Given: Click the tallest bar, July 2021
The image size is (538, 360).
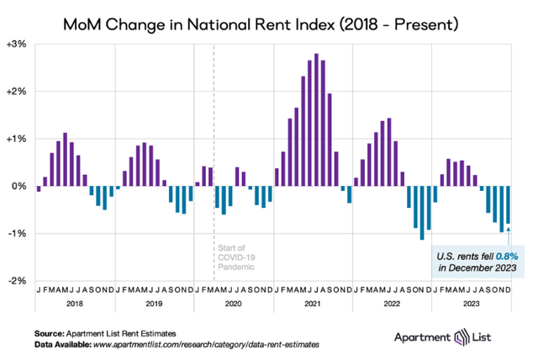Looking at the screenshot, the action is click(316, 119).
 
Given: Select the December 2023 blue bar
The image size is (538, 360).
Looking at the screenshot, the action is click(508, 205).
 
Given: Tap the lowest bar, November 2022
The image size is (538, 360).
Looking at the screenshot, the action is click(422, 213).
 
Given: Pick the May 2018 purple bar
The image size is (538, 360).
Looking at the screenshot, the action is click(66, 160).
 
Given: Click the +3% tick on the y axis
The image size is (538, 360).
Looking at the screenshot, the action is click(17, 45).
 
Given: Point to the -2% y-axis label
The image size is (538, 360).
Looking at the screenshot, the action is click(17, 281).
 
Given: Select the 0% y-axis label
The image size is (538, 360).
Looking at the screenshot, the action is click(19, 187).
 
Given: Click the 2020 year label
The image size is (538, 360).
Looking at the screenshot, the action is click(234, 304).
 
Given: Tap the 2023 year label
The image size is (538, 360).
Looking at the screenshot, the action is click(472, 304).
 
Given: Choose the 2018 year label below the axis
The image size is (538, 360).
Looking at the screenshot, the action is click(75, 304).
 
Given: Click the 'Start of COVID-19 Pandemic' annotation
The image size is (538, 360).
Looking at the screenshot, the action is click(236, 257).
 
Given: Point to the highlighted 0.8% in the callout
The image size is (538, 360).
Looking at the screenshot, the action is click(507, 257).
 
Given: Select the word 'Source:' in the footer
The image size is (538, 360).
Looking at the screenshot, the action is click(49, 334).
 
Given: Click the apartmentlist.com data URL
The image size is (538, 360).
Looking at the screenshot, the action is click(206, 345).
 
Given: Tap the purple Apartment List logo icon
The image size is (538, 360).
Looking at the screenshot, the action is click(462, 337).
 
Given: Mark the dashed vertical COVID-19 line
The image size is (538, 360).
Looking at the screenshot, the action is click(214, 162).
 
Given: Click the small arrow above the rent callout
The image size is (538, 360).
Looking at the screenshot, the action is click(508, 236).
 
